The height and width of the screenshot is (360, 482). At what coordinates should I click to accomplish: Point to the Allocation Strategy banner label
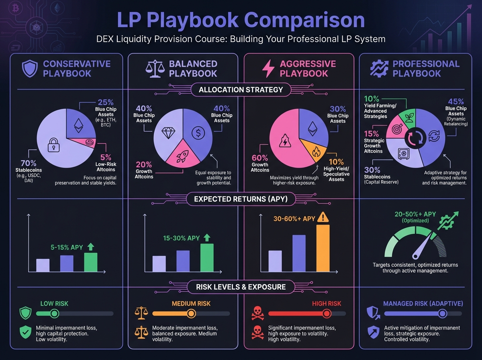[241, 90]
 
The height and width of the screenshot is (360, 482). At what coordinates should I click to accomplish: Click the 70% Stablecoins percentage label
[29, 164]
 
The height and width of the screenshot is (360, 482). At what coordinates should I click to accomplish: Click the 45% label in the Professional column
[456, 102]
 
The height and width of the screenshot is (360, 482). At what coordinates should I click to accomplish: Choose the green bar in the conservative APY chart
[90, 262]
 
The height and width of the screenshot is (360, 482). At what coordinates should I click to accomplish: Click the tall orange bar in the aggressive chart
[323, 248]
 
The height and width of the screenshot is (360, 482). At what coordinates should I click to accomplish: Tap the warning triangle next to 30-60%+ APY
[322, 217]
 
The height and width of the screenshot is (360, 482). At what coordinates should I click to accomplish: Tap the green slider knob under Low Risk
[55, 313]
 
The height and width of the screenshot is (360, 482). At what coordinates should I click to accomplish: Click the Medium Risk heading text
[191, 304]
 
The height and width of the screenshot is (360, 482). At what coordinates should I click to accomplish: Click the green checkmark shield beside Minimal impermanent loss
[25, 332]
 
